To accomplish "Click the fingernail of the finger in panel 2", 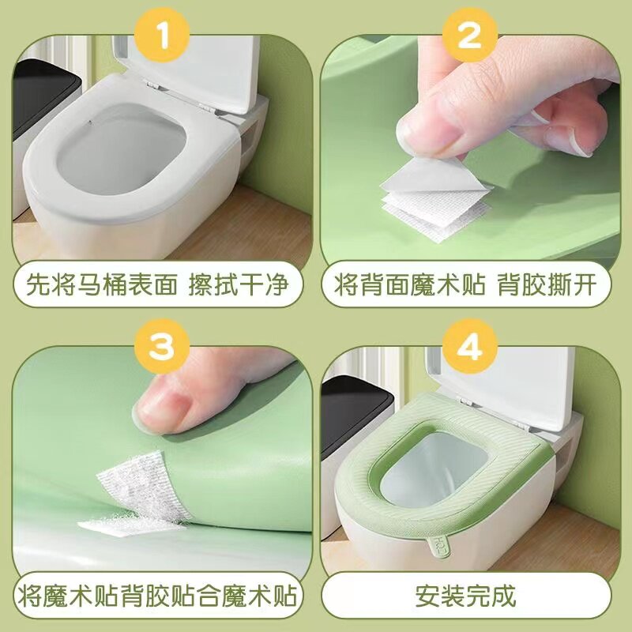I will tap(427, 130).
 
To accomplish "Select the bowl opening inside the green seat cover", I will tap(466, 466).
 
